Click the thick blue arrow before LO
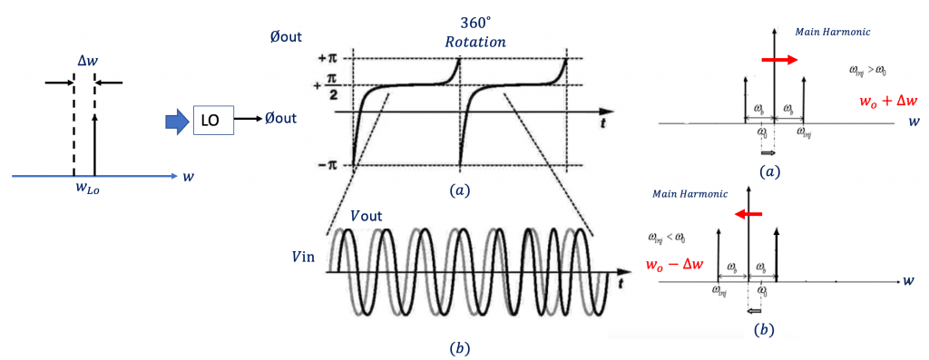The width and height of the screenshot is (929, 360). click(175, 119)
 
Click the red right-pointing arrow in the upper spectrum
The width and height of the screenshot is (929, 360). click(779, 60)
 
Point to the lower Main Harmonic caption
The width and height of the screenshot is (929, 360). click(684, 193)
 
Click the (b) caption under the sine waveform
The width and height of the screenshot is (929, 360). click(460, 347)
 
